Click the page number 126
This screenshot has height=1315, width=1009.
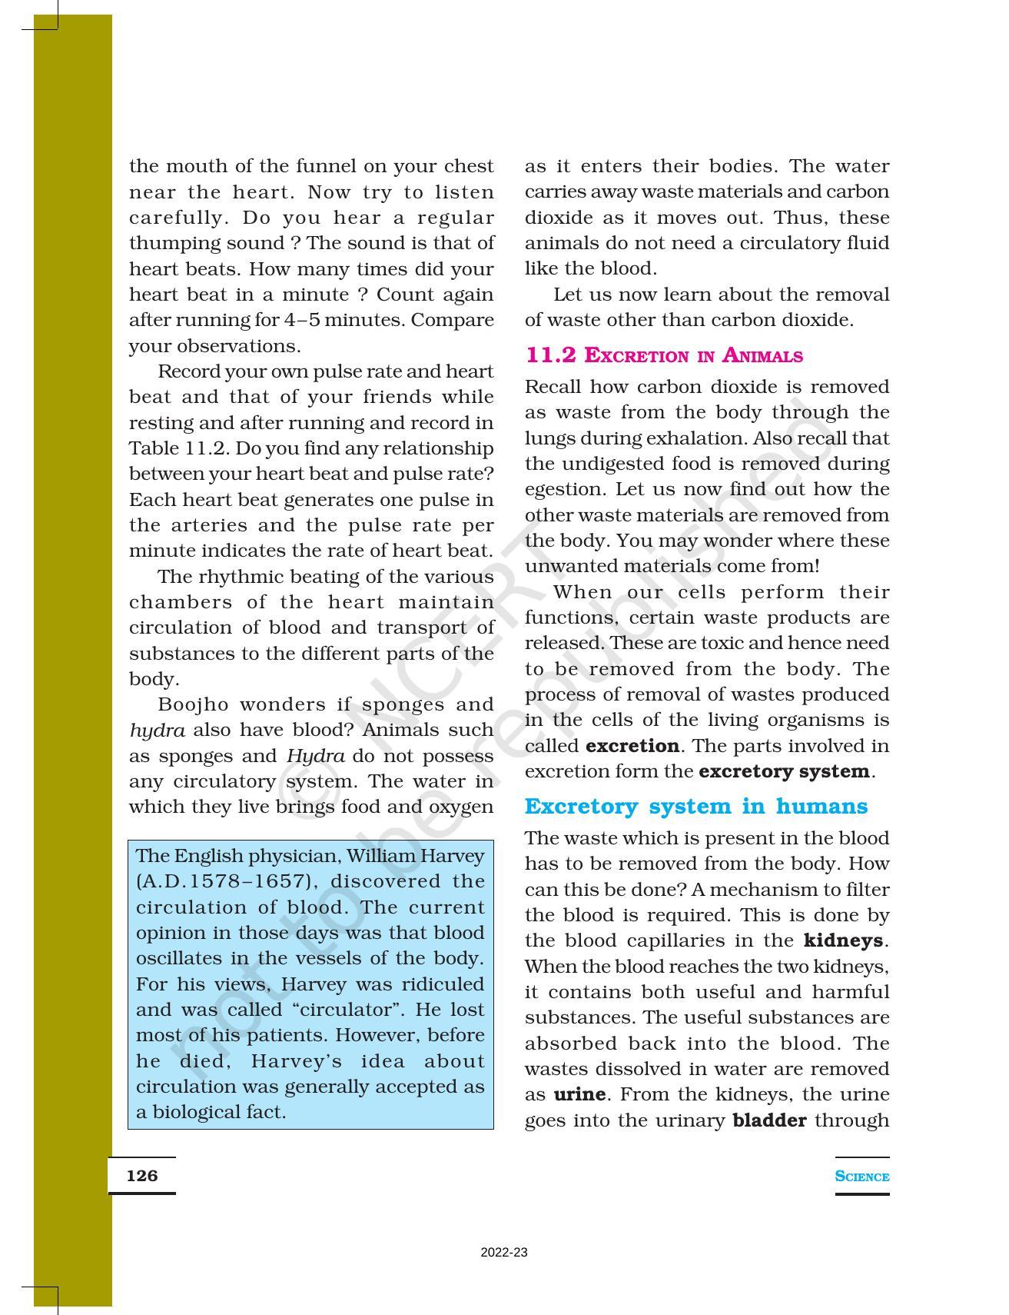point(142,1176)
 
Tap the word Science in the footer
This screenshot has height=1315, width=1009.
point(861,1177)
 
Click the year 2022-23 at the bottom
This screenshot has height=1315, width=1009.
point(504,1253)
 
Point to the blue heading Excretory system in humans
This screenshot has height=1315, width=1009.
point(695,807)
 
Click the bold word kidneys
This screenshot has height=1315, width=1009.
point(844,940)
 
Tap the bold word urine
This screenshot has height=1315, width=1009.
point(579,1094)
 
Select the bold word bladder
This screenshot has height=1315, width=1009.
point(769,1120)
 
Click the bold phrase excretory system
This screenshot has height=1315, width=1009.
point(784,771)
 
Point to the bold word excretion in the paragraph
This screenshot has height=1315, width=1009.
point(632,746)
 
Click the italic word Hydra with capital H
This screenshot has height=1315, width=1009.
point(315,756)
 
